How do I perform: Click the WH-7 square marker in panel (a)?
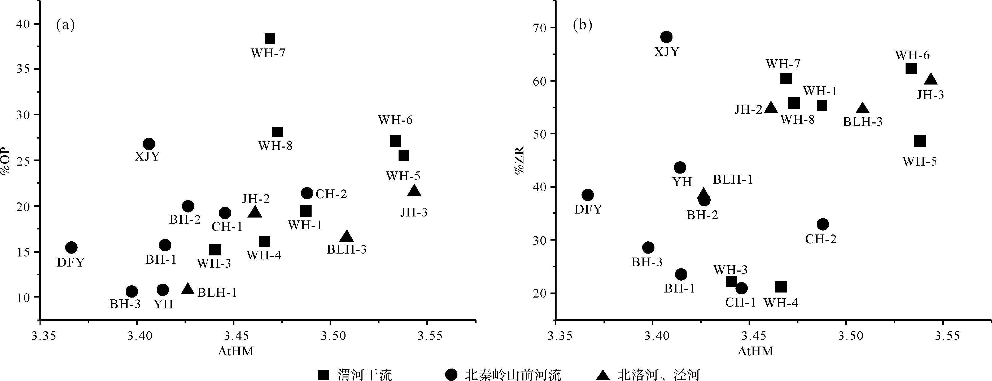pyautogui.click(x=270, y=39)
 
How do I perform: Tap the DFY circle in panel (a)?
pyautogui.click(x=71, y=247)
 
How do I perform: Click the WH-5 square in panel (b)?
pyautogui.click(x=920, y=141)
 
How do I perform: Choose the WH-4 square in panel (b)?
pyautogui.click(x=781, y=287)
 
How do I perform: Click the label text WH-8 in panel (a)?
pyautogui.click(x=275, y=146)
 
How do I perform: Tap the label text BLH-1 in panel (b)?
pyautogui.click(x=732, y=180)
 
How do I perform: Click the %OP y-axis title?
pyautogui.click(x=5, y=162)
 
